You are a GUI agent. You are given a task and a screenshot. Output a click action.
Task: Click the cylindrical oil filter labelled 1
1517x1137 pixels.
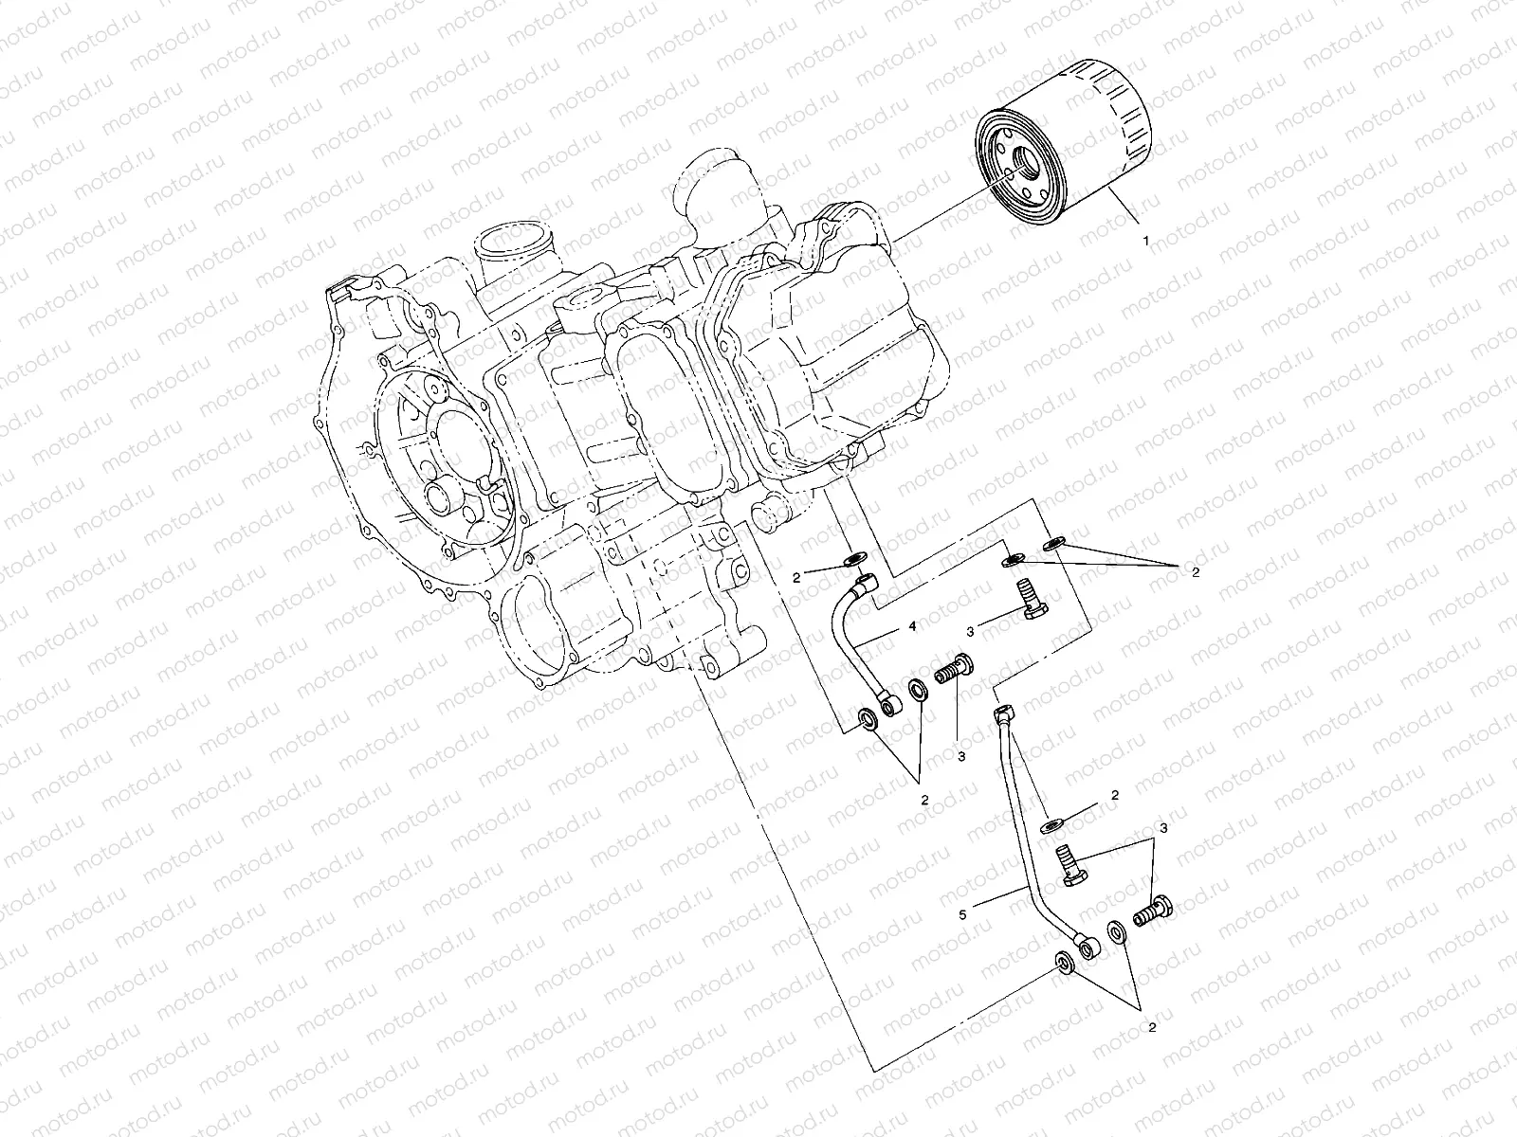1065,141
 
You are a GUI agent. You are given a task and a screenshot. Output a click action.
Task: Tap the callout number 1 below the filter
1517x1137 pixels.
1146,241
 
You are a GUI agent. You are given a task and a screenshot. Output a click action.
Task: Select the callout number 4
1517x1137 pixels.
911,626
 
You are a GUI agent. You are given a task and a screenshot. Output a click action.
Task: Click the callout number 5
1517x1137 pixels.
962,914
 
